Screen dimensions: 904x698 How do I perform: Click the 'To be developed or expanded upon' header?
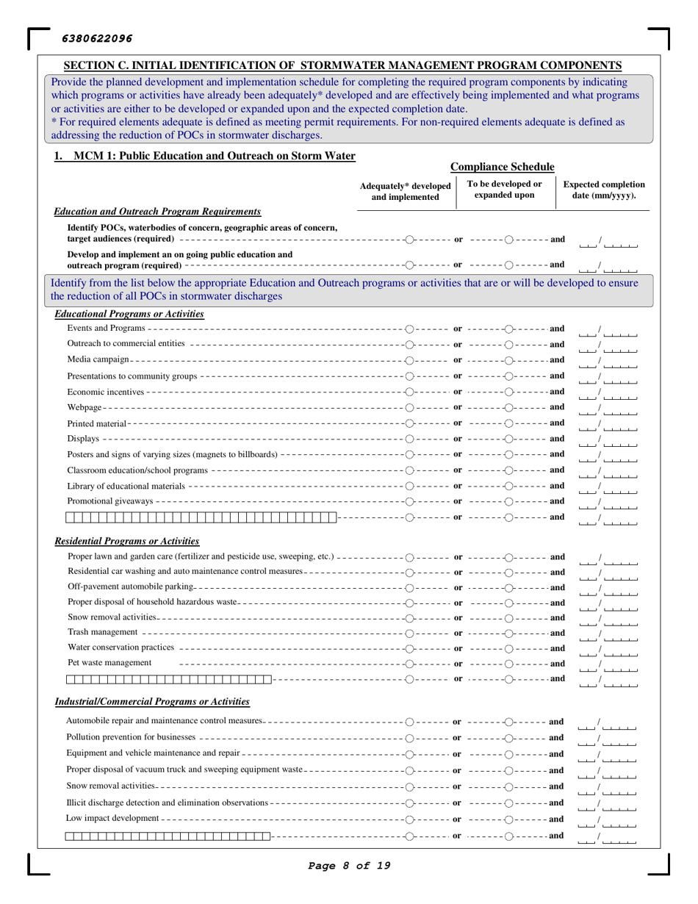pyautogui.click(x=503, y=191)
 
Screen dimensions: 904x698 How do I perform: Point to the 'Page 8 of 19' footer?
pyautogui.click(x=348, y=886)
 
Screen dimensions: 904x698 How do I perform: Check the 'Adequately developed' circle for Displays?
pyautogui.click(x=411, y=439)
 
